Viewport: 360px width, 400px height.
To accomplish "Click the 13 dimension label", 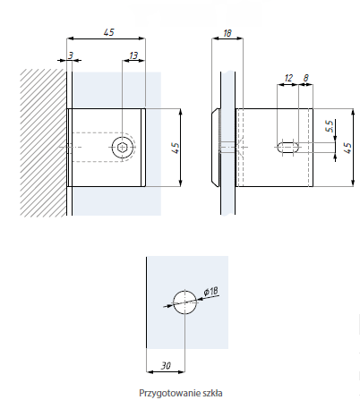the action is click(133, 55).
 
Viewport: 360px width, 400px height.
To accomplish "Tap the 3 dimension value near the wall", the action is click(71, 55).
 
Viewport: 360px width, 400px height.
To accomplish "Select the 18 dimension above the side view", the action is click(227, 33).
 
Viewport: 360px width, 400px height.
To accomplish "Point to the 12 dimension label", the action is click(288, 78).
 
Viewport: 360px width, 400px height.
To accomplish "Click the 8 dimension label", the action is click(306, 78).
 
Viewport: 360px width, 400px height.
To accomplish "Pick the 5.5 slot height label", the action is click(330, 126).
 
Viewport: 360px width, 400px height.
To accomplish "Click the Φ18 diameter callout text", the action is click(211, 292).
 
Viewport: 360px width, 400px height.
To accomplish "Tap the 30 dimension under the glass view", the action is click(166, 365).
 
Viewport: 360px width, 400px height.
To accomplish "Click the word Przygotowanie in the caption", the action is click(169, 393).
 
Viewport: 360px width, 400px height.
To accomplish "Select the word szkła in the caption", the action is click(212, 393).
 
